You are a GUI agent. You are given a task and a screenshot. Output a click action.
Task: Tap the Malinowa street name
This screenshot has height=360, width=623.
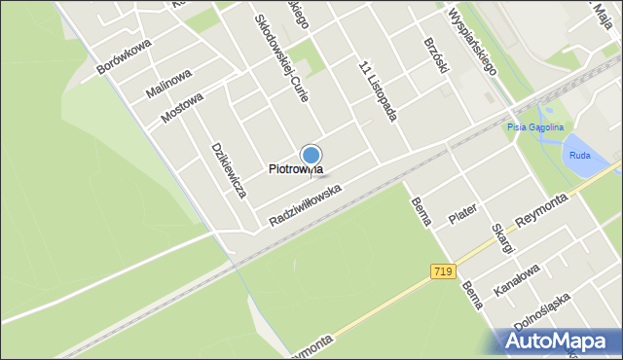tap(169, 81)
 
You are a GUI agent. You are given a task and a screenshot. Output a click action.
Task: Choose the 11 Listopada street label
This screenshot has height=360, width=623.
tap(379, 91)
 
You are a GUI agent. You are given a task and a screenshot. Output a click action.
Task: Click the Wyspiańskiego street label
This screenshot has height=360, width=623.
tap(472, 42)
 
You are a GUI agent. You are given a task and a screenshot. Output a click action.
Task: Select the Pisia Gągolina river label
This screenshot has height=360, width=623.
tap(535, 127)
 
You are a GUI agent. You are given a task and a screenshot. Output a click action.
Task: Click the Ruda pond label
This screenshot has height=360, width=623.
tap(579, 153)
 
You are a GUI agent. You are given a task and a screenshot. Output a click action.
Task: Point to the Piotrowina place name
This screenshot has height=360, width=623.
tap(295, 169)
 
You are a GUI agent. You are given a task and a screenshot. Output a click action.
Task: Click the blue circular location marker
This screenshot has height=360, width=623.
tap(311, 156)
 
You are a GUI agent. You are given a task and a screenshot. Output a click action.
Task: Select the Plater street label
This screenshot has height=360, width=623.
tap(464, 214)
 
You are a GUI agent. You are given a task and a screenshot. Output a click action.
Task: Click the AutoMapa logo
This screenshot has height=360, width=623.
tap(560, 341)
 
